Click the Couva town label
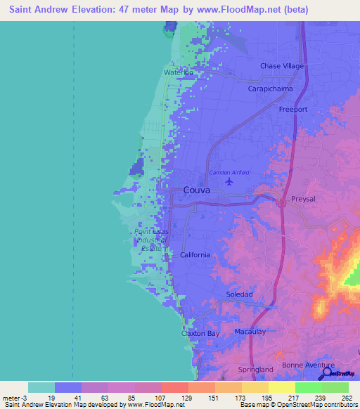pos(198,190)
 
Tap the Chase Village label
pos(281,66)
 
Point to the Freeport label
pos(293,110)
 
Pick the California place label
pos(195,255)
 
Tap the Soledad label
pos(239,294)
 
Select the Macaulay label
pos(252,331)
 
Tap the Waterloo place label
pos(179,72)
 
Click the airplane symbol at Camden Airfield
pos(229,181)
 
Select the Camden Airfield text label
pos(229,172)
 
